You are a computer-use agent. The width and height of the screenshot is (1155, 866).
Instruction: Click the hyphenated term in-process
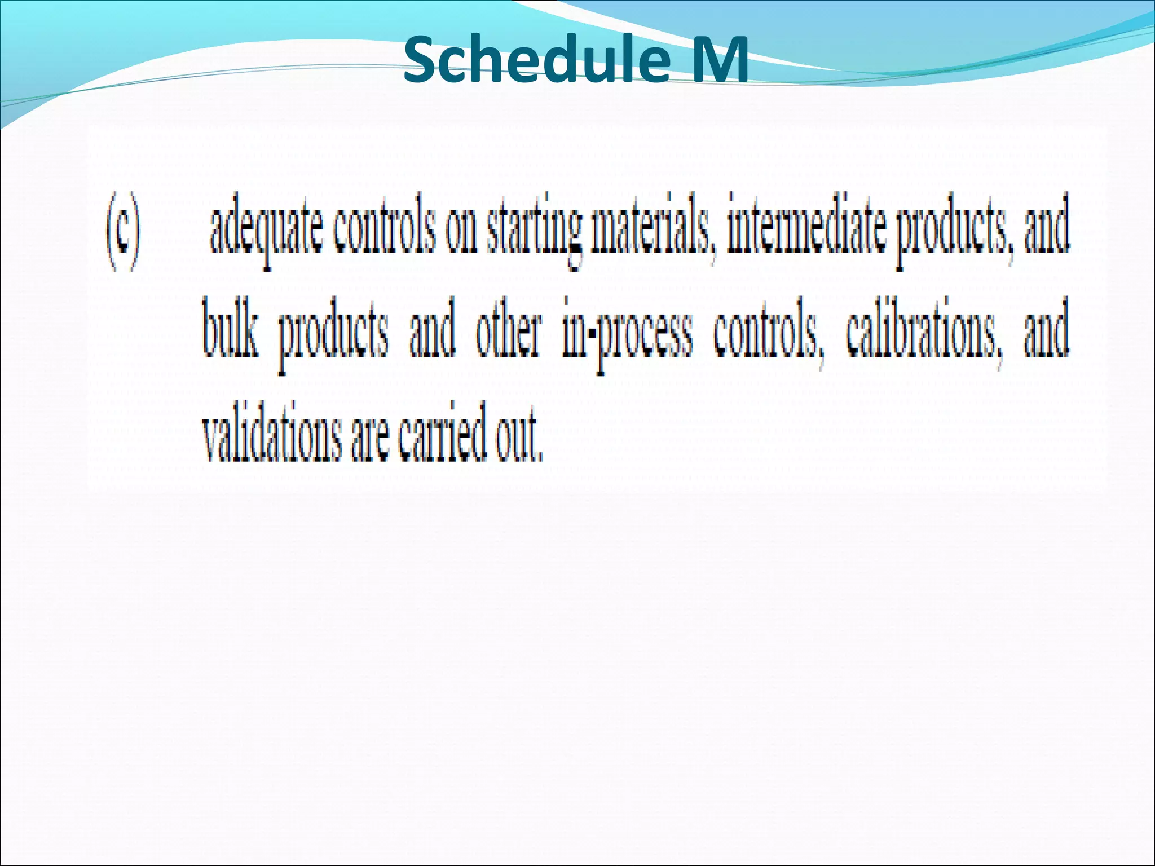click(627, 336)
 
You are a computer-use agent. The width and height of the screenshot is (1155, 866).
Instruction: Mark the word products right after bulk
click(334, 336)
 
